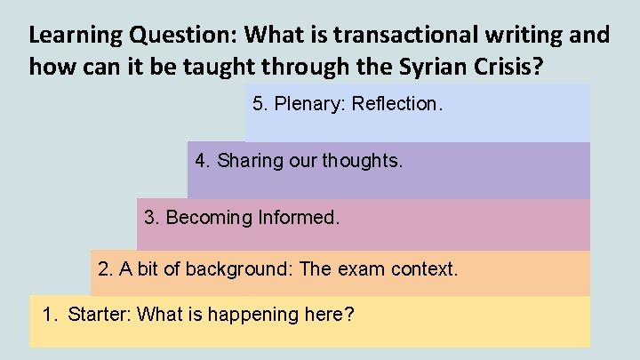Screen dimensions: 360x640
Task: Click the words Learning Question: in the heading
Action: coord(133,36)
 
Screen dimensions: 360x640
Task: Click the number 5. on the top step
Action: coord(260,104)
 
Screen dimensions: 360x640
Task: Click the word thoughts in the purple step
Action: coord(364,161)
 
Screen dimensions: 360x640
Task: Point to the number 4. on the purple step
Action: coord(202,161)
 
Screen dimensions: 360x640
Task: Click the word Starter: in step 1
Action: coord(101,315)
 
